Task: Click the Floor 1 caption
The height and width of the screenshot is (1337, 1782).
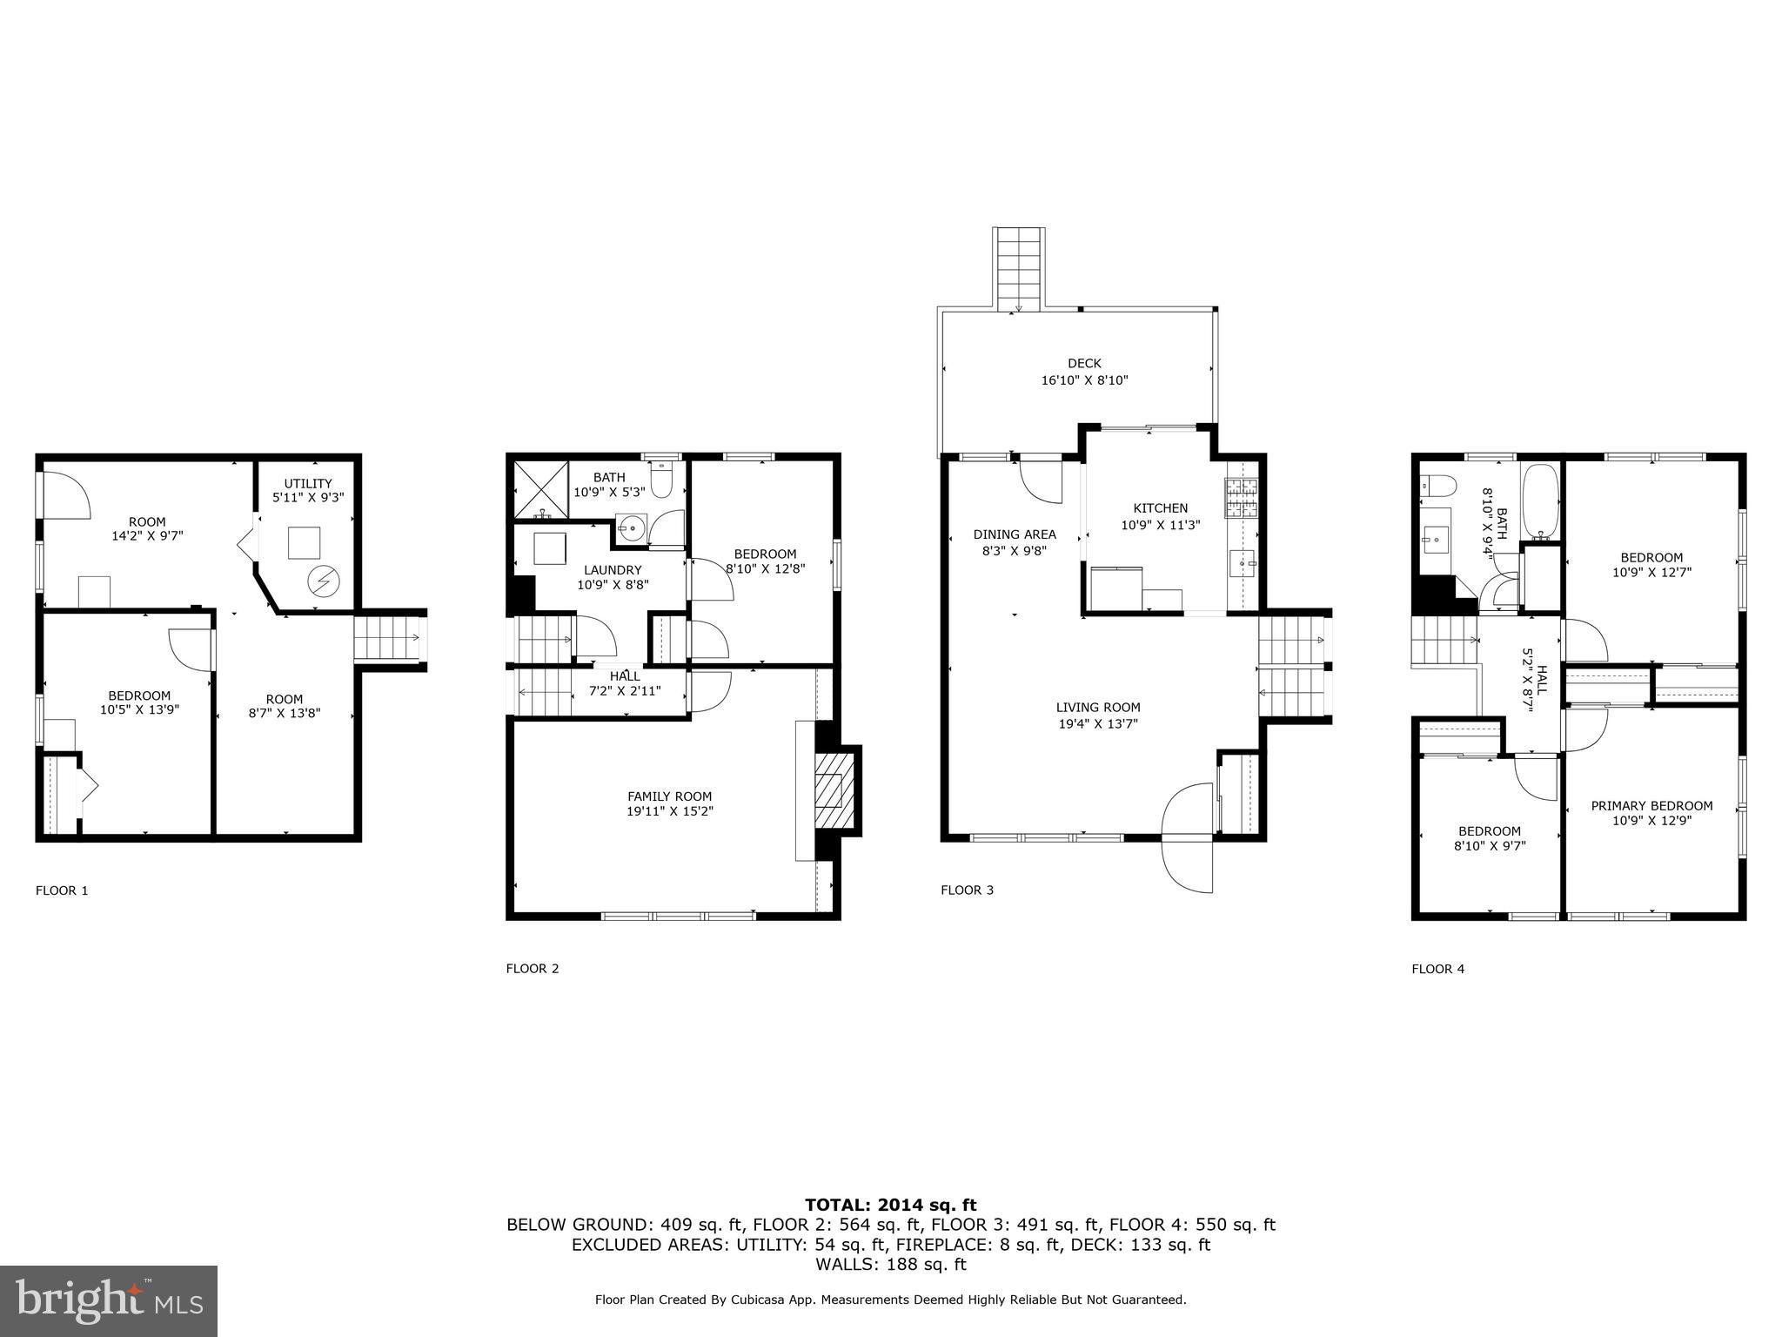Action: pos(62,890)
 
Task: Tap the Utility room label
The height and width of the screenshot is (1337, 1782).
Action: pos(308,483)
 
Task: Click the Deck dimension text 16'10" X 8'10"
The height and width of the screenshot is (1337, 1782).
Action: pos(1084,380)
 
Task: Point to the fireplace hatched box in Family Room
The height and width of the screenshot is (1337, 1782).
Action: pos(829,791)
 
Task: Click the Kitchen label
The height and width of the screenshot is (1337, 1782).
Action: pos(1160,507)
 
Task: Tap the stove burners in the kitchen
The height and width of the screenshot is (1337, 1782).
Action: pos(1243,499)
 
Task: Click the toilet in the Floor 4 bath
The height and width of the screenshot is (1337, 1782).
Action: pos(1436,486)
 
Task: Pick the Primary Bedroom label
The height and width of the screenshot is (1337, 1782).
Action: pos(1651,805)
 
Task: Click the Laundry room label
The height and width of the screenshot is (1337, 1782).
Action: pos(612,569)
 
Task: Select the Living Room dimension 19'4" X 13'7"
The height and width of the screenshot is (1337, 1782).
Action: pos(1098,722)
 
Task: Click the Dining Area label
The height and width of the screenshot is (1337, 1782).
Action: pos(1015,534)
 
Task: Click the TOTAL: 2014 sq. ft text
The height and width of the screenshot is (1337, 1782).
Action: pos(890,1205)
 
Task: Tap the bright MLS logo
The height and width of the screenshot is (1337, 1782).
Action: pos(109,1300)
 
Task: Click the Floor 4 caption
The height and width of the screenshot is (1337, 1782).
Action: pos(1437,968)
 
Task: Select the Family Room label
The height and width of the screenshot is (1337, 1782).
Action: pos(669,796)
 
